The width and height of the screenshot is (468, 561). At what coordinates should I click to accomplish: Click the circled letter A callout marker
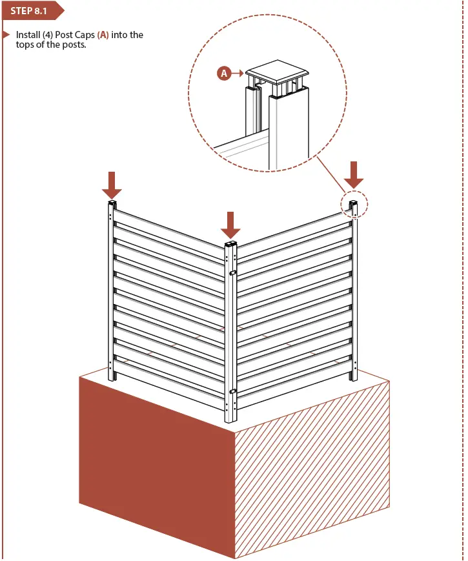click(x=224, y=74)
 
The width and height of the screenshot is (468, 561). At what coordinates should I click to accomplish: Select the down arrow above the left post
click(x=112, y=185)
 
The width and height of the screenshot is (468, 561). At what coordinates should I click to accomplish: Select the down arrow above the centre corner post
click(x=230, y=224)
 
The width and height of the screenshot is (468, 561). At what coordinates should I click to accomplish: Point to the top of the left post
click(x=112, y=204)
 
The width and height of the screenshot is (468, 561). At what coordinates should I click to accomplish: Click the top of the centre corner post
click(x=230, y=245)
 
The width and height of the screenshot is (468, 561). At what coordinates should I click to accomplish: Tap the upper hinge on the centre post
click(x=232, y=273)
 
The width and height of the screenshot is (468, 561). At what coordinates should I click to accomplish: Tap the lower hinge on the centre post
click(x=232, y=391)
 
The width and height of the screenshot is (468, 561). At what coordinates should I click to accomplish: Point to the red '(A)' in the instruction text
click(x=102, y=35)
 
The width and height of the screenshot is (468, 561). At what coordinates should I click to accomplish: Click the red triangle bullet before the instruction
click(x=6, y=35)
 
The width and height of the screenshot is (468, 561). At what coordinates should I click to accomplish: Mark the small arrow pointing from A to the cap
click(x=238, y=74)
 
